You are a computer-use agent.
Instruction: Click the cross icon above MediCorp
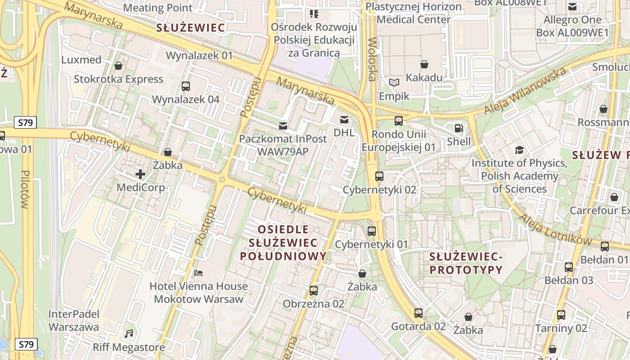(x=140, y=174)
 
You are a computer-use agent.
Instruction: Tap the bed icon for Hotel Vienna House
(x=198, y=273)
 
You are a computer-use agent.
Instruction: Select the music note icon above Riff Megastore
(x=129, y=334)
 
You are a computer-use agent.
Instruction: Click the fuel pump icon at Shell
(x=459, y=128)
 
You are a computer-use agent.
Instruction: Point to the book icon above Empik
(x=394, y=82)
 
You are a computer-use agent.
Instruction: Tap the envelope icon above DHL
(x=344, y=119)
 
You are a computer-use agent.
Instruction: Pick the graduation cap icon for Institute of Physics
(x=519, y=150)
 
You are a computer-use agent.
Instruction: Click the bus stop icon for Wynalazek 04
(x=185, y=86)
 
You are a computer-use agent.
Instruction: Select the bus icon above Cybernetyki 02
(x=379, y=176)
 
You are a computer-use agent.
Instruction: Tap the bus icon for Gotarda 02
(x=418, y=313)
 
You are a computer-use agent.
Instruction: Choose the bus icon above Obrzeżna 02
(x=314, y=290)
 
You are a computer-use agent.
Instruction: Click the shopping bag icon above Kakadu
(x=424, y=64)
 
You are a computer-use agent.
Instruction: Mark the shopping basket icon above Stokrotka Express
(x=118, y=66)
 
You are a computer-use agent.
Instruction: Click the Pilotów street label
(x=25, y=189)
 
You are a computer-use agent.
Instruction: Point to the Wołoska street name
(x=372, y=59)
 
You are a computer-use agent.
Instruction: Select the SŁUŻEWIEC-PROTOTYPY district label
(x=465, y=263)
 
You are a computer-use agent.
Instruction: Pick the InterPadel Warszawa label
(x=73, y=320)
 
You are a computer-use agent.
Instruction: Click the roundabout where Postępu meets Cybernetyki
(x=222, y=180)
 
